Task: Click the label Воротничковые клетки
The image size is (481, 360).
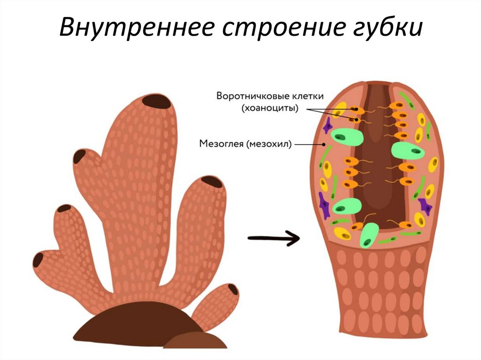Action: pos(270,96)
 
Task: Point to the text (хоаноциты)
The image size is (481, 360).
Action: pos(270,109)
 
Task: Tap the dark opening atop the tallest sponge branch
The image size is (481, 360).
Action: pos(157,100)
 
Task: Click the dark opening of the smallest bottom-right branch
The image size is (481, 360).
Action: pos(233,289)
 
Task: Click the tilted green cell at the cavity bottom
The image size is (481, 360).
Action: pos(369,235)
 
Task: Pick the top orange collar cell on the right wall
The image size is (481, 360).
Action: pos(398,106)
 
